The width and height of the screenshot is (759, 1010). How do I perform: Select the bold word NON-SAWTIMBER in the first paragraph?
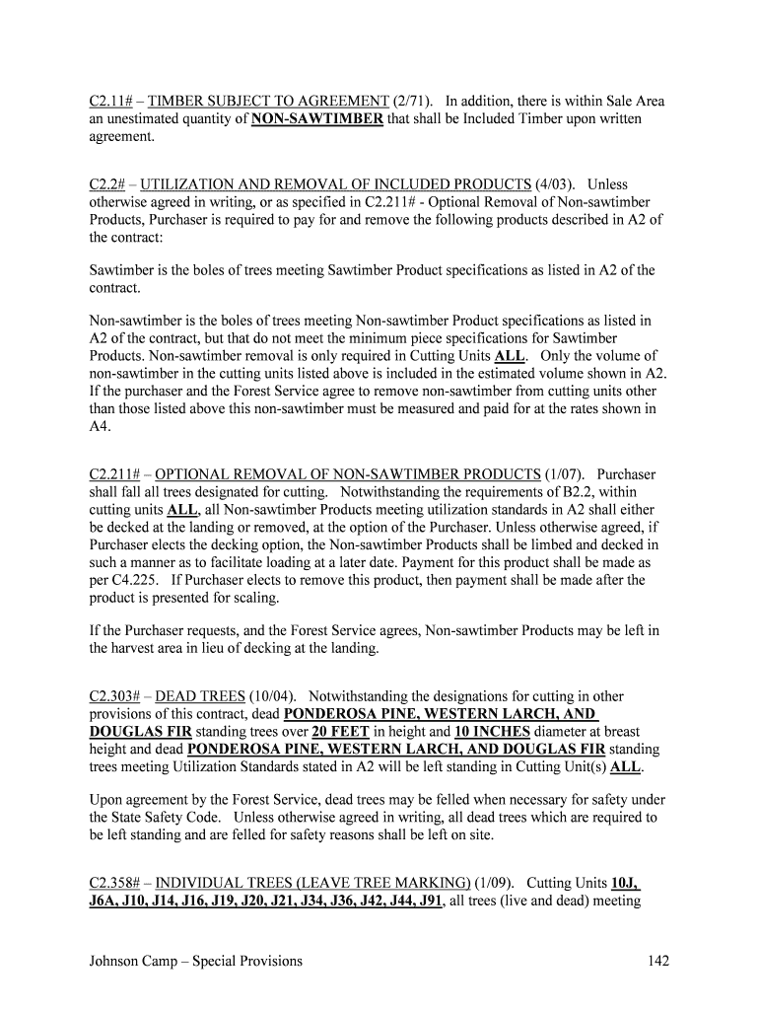(317, 119)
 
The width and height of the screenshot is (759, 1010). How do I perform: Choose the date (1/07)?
(565, 474)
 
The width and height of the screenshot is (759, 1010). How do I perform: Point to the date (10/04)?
(274, 696)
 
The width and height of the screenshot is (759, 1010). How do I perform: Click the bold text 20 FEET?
(340, 732)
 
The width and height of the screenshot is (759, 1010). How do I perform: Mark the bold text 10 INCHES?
(492, 732)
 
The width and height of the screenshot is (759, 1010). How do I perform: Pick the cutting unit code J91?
(427, 901)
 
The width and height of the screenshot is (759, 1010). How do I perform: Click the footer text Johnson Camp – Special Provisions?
(196, 962)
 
